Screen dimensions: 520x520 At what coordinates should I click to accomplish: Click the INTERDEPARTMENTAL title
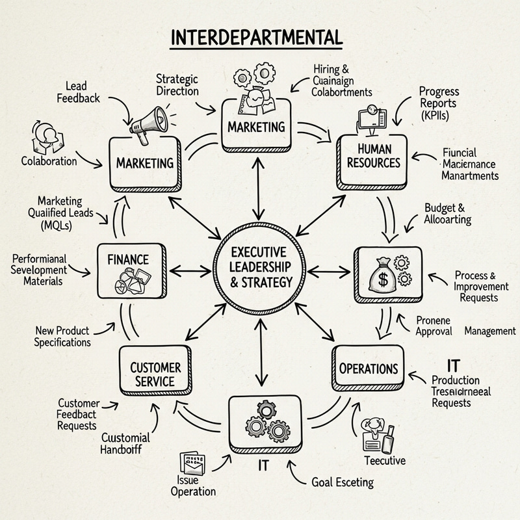coord(255,38)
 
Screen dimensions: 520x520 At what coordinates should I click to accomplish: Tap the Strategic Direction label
coord(177,85)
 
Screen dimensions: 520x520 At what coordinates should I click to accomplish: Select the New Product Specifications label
coord(63,337)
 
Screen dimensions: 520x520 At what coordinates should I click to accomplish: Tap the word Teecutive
coord(384,461)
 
